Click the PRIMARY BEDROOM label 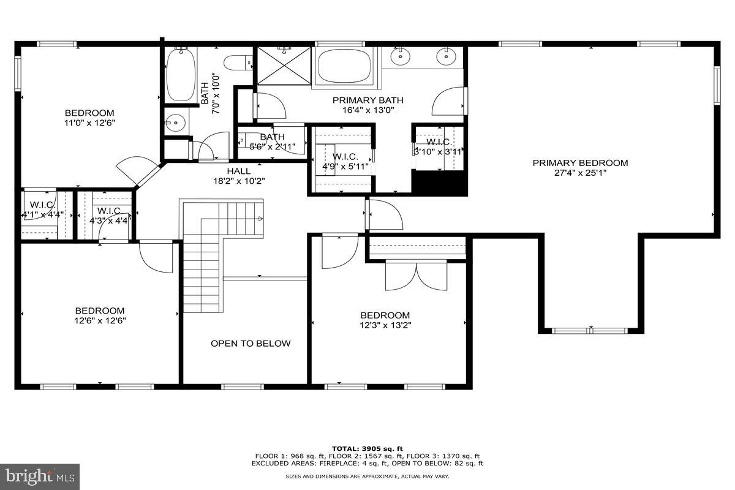[580, 163]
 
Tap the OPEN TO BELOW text [251, 344]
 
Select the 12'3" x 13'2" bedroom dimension [385, 325]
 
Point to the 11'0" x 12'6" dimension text [89, 123]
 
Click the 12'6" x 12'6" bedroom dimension [99, 320]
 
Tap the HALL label [238, 171]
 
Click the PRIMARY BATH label [367, 100]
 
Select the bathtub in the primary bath [344, 66]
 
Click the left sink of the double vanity [401, 57]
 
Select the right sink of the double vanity [446, 57]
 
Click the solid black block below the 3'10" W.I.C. [439, 183]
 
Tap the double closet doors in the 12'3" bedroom [416, 276]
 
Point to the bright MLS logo [40, 476]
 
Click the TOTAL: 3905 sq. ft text [367, 449]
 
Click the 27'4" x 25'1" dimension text [580, 173]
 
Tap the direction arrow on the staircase [260, 219]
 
